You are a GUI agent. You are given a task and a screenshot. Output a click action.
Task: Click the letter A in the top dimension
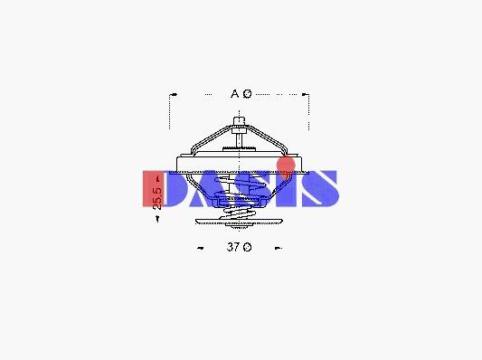pyautogui.click(x=234, y=93)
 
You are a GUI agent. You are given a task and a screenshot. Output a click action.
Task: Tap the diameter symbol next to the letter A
pyautogui.click(x=247, y=93)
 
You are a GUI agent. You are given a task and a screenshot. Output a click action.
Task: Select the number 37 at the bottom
pyautogui.click(x=233, y=247)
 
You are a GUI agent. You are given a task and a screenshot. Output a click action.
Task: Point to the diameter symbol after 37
pyautogui.click(x=247, y=247)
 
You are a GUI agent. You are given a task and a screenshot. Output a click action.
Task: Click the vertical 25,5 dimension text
pyautogui.click(x=157, y=198)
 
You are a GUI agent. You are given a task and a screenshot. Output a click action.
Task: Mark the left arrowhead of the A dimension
pyautogui.click(x=174, y=94)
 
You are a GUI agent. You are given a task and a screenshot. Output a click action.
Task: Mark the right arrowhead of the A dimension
pyautogui.click(x=305, y=94)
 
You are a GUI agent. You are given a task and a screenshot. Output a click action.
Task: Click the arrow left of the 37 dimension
pyautogui.click(x=201, y=248)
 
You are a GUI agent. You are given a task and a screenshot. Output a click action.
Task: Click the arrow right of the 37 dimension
pyautogui.click(x=279, y=248)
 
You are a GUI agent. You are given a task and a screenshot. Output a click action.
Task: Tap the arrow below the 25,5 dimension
pyautogui.click(x=157, y=219)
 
